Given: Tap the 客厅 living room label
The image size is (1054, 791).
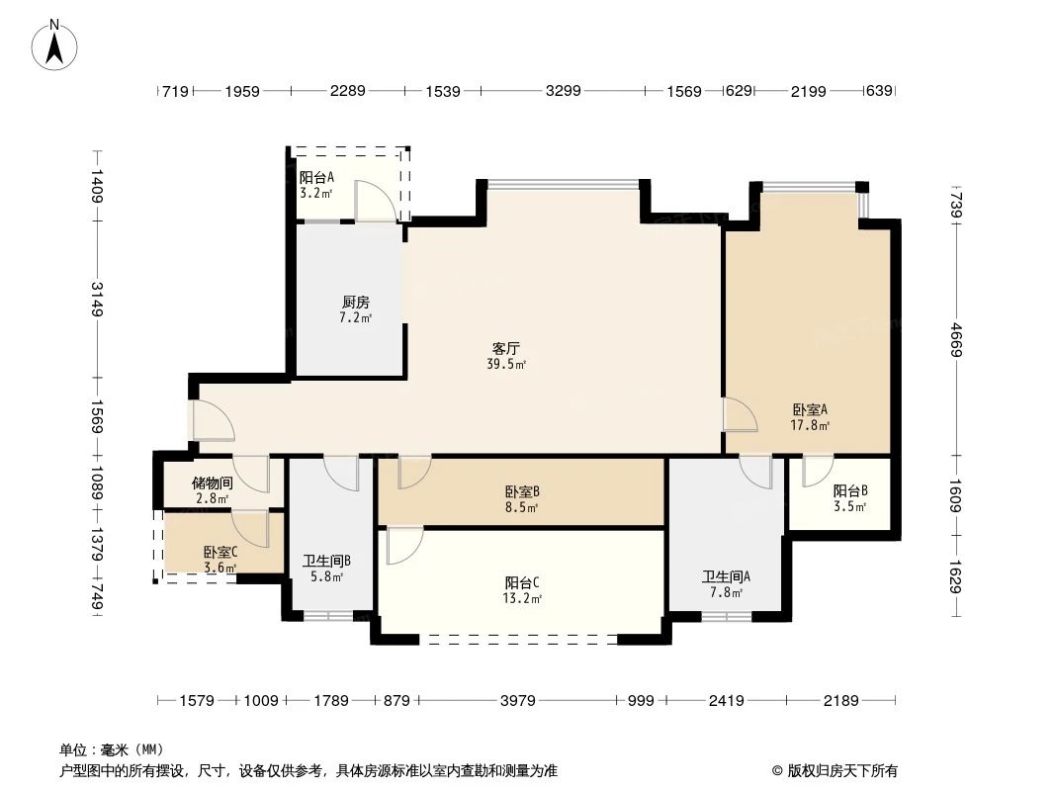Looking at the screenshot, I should (506, 348).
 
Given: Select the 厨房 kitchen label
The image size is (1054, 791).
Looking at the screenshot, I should (355, 303).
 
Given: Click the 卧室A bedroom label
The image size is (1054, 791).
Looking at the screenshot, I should (809, 409).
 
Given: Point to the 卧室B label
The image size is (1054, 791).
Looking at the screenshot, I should (521, 491).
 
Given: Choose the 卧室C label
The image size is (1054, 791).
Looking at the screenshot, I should (220, 553).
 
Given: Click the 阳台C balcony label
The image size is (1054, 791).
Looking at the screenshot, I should (521, 582).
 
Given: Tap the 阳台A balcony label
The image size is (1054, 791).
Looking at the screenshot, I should (316, 178).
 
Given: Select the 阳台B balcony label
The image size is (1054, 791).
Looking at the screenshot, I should (849, 490).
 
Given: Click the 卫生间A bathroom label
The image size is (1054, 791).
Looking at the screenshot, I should (726, 577).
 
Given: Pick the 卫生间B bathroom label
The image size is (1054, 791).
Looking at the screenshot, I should (326, 561).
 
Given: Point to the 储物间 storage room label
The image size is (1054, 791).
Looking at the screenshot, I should (212, 483).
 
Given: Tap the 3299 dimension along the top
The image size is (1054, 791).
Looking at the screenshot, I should (563, 91).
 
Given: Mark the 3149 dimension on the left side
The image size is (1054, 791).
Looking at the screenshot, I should (97, 300).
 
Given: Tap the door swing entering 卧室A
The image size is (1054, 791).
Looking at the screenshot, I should (740, 415).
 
